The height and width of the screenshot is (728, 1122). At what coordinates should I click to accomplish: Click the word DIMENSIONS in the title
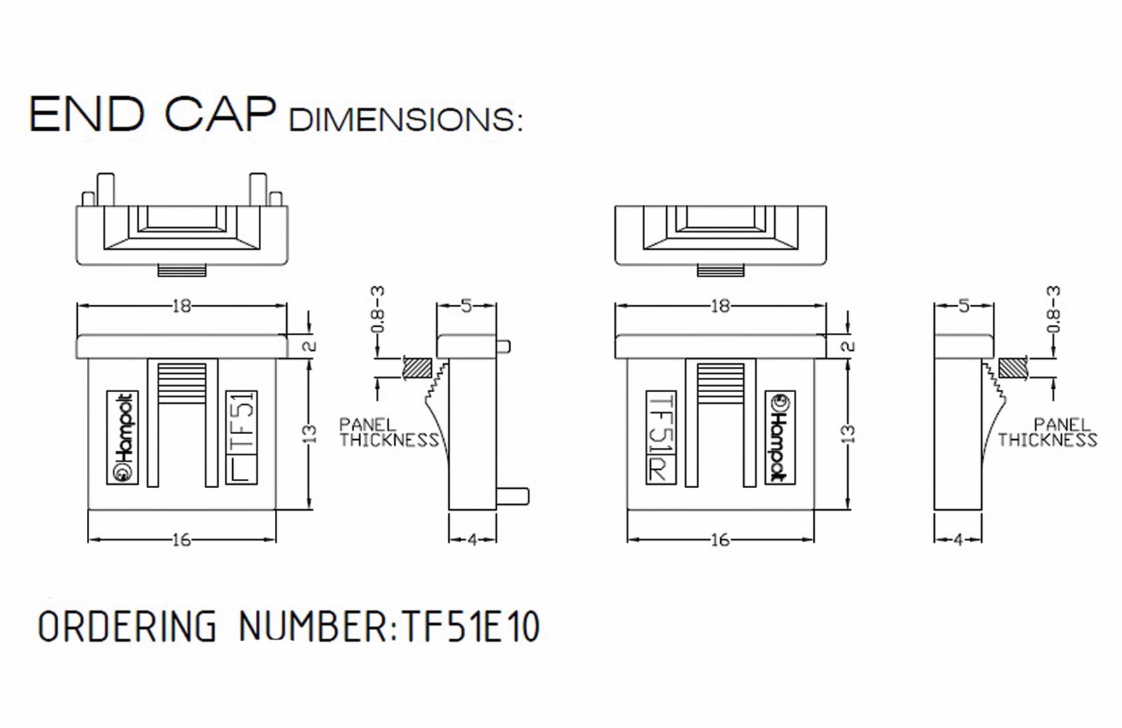(x=405, y=120)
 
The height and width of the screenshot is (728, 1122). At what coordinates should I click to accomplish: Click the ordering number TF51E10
(x=470, y=626)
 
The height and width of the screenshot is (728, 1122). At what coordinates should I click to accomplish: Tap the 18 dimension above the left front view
(x=181, y=306)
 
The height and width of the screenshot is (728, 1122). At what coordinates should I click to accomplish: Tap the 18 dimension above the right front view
(x=719, y=306)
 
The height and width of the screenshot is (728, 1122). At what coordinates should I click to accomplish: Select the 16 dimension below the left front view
(x=181, y=539)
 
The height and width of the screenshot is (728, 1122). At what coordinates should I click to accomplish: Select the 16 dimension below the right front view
(x=719, y=539)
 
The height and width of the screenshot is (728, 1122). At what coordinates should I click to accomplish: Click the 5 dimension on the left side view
(x=466, y=306)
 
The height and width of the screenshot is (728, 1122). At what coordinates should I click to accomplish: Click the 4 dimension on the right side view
(x=958, y=539)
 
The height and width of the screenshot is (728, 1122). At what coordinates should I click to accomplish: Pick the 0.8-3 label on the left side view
(x=377, y=309)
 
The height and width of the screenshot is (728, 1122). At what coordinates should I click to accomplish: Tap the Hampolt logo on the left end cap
(x=123, y=437)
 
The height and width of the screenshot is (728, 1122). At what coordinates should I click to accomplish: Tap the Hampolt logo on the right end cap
(x=779, y=437)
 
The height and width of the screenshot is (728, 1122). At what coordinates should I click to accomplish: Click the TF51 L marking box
(x=241, y=437)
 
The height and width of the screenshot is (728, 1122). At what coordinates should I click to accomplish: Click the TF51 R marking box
(x=661, y=437)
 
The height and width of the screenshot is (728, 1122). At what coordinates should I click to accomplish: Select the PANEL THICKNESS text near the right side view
(x=1048, y=433)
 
